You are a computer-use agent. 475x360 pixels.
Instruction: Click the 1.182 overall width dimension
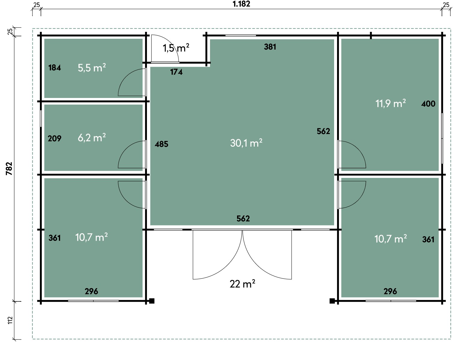[x=241, y=4]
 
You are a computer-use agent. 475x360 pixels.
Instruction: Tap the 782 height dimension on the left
[x=9, y=169]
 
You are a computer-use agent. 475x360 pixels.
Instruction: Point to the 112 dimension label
[x=10, y=320]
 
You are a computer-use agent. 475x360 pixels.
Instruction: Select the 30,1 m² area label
[x=246, y=143]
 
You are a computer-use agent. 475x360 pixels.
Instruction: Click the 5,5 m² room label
[x=92, y=68]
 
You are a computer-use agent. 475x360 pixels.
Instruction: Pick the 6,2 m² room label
[x=92, y=138]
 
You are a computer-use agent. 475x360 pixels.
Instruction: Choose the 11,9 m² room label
[x=390, y=103]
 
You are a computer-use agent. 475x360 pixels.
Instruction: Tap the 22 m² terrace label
[x=242, y=284]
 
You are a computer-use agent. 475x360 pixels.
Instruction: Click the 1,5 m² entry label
[x=176, y=48]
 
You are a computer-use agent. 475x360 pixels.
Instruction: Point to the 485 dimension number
[x=161, y=144]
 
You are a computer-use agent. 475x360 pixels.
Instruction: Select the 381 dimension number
[x=270, y=47]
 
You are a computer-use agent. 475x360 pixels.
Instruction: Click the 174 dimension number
[x=176, y=72]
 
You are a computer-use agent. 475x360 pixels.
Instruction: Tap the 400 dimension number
[x=428, y=104]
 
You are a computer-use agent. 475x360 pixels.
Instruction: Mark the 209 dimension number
[x=55, y=139]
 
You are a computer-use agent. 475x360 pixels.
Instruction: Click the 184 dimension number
[x=55, y=68]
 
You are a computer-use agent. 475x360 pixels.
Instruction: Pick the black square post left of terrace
[x=152, y=301]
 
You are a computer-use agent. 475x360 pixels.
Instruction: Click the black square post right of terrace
[x=332, y=301]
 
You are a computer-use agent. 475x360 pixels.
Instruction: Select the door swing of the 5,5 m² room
[x=126, y=77]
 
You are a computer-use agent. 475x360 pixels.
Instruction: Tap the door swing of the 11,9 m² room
[x=358, y=149]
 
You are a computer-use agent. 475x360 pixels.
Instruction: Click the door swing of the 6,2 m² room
[x=126, y=149]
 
